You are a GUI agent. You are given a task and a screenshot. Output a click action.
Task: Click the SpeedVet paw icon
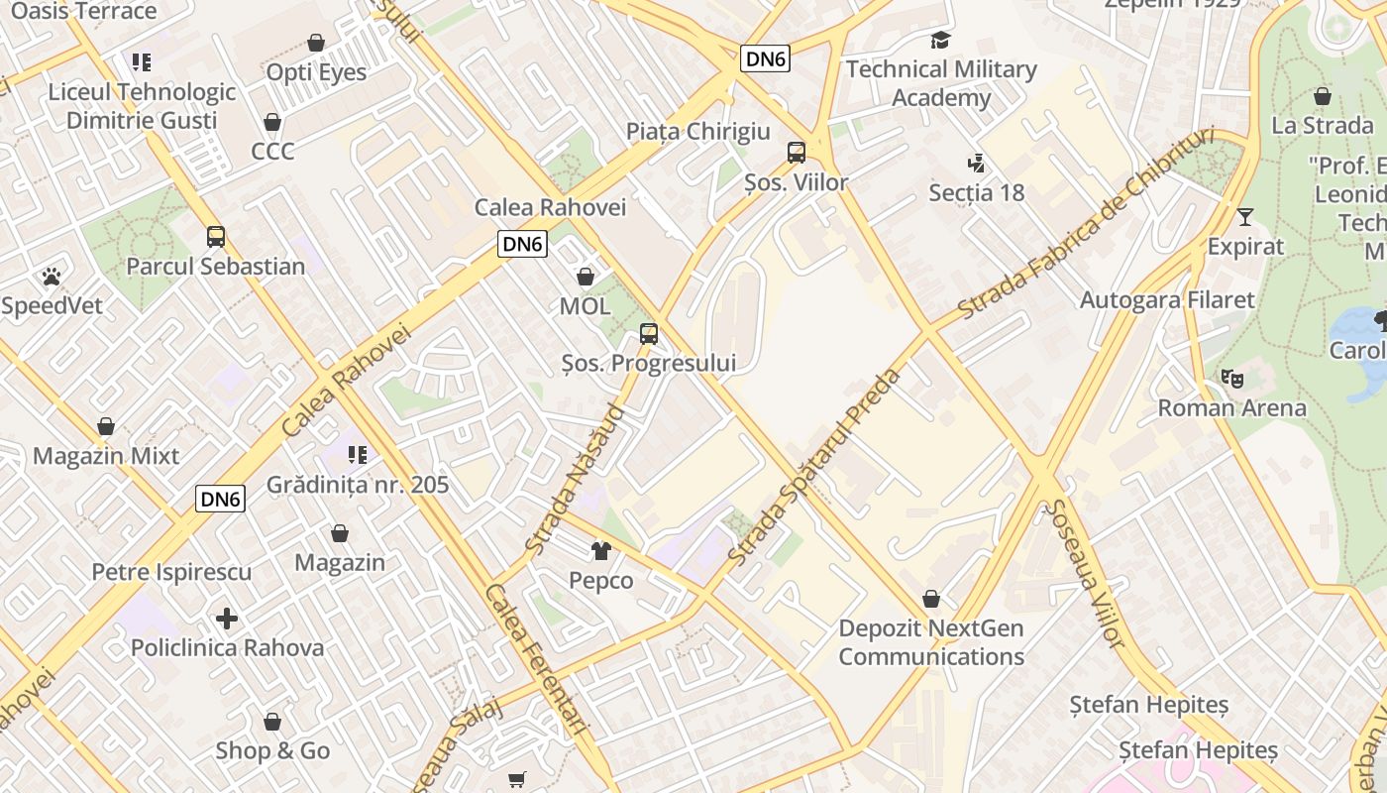click(x=51, y=277)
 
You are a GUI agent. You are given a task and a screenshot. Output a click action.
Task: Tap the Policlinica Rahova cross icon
click(x=227, y=620)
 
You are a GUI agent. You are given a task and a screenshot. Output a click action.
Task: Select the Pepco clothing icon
click(x=600, y=551)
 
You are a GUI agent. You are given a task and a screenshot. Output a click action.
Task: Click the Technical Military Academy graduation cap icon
click(x=940, y=41)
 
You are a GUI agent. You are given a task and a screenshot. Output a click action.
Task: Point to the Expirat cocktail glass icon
click(x=1245, y=217)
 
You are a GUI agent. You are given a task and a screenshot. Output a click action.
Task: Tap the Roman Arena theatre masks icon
click(x=1231, y=379)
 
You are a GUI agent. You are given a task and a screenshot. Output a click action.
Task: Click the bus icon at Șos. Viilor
click(x=797, y=153)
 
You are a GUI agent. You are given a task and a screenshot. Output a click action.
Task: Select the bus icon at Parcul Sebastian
click(x=216, y=237)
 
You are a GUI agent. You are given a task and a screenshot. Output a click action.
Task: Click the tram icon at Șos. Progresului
click(x=649, y=334)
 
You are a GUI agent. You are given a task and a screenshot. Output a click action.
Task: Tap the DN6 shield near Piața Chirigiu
click(x=766, y=59)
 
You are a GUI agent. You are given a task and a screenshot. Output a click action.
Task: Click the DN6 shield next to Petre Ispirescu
click(x=220, y=500)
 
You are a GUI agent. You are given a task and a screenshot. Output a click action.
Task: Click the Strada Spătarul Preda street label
click(x=814, y=468)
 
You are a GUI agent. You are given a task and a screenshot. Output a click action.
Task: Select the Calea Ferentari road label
click(x=538, y=658)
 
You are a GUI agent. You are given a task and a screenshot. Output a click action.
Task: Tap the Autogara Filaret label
click(x=1167, y=299)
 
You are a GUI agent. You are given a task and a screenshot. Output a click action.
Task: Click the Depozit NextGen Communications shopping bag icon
click(x=931, y=600)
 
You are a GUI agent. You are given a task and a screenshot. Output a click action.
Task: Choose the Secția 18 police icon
click(x=976, y=164)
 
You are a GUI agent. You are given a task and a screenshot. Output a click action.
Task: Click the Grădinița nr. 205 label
click(x=358, y=485)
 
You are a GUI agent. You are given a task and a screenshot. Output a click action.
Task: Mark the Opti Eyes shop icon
click(x=316, y=44)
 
